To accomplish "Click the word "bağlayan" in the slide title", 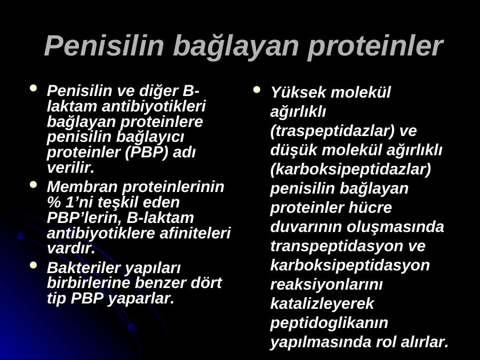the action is click(x=236, y=46).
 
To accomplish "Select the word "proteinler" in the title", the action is click(x=375, y=46).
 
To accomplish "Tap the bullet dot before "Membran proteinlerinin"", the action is click(x=34, y=185).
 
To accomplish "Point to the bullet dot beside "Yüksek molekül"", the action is click(x=257, y=90).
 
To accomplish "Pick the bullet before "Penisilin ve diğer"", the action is click(x=34, y=89).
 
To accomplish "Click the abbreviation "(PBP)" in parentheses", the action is click(x=147, y=152).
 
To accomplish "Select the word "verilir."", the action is click(x=71, y=167).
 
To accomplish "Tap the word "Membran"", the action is click(x=82, y=187).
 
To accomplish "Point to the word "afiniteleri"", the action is click(x=195, y=233).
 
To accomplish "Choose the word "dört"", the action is click(x=206, y=283).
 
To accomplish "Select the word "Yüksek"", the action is click(x=293, y=92).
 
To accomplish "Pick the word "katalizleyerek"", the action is click(x=322, y=303).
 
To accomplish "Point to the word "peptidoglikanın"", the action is click(x=329, y=323).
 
